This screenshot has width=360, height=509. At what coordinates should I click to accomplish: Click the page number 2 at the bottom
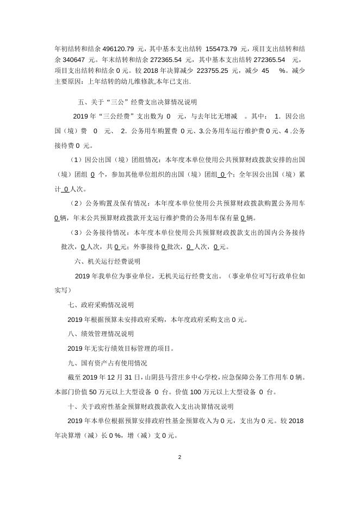179,457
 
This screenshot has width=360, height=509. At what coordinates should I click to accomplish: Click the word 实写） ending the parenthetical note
63,290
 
